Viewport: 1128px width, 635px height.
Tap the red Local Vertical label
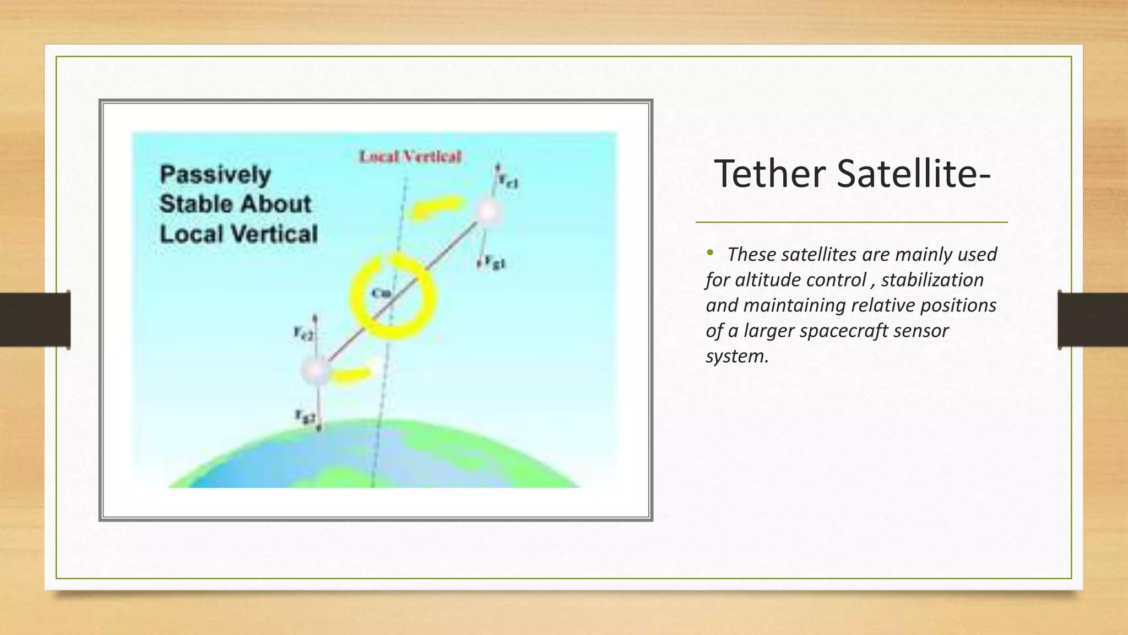pos(410,157)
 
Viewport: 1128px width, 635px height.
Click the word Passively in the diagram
pos(215,175)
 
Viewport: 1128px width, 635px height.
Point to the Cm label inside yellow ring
pos(380,293)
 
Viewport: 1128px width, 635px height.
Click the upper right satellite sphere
pos(488,212)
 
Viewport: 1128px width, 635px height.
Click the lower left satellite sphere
pos(316,370)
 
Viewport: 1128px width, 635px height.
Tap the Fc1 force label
pos(508,180)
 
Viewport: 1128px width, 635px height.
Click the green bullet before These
pos(710,253)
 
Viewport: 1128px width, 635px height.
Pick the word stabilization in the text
pos(932,280)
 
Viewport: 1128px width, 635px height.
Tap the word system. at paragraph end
pos(736,356)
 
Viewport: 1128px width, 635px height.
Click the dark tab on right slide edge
pos(1092,320)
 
